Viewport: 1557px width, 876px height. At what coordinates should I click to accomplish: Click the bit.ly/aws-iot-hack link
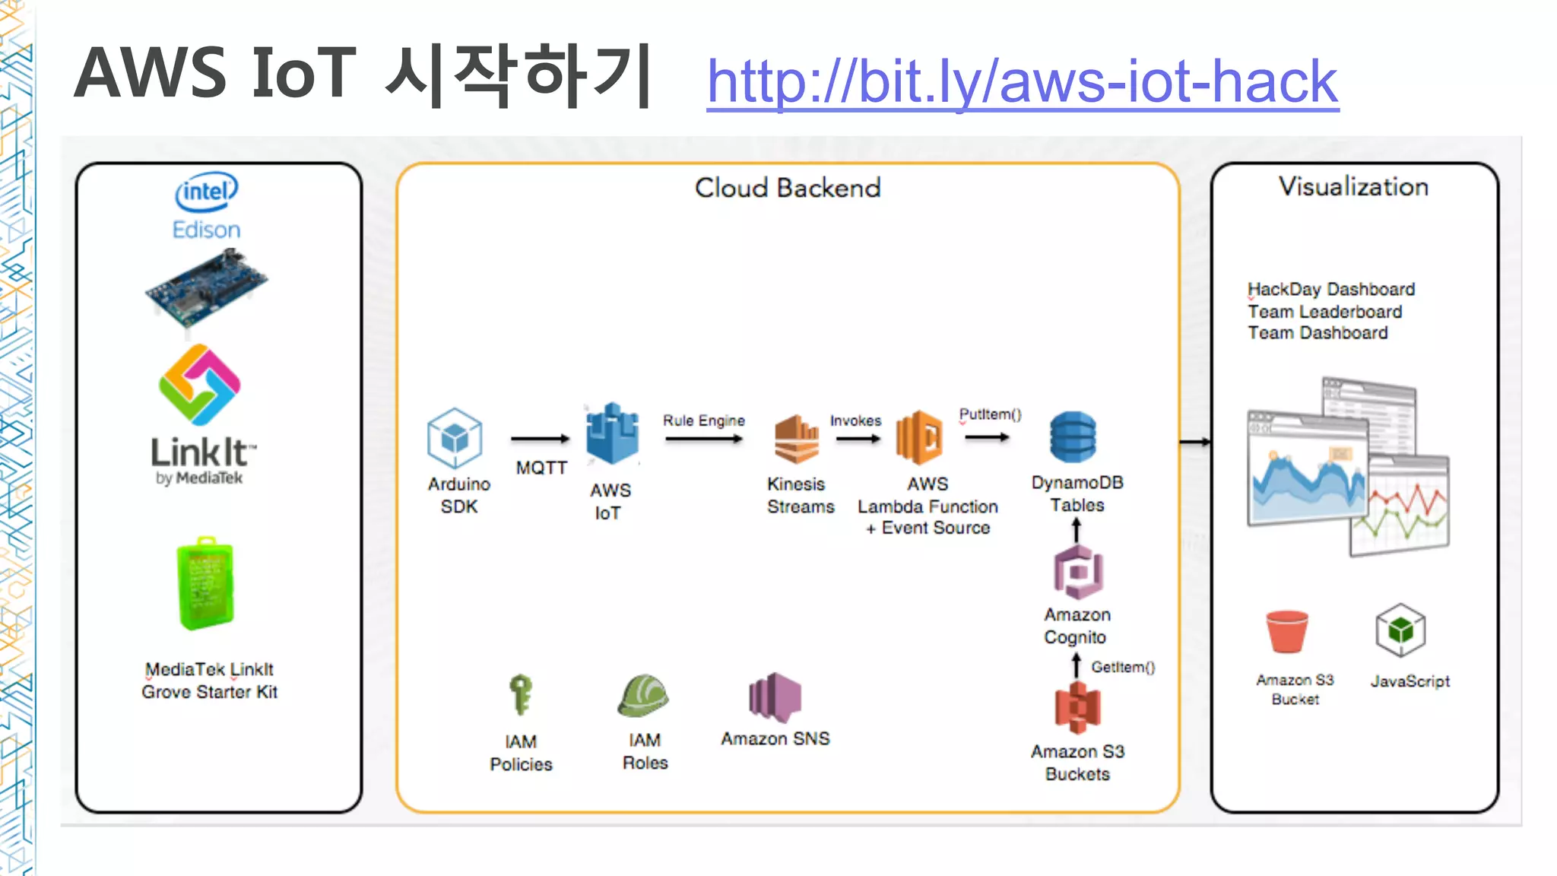[1022, 81]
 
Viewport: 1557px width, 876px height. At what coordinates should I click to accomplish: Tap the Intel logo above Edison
[206, 192]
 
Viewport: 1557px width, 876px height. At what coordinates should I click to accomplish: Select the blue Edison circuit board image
[206, 289]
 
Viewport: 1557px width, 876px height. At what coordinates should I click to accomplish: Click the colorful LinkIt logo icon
[200, 385]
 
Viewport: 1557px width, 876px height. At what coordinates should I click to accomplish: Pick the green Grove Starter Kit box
[205, 584]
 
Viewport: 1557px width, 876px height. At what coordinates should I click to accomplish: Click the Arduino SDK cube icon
[455, 438]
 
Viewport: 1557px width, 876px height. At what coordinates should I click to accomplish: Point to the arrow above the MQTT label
[540, 439]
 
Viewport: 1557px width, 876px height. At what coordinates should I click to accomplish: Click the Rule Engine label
[703, 421]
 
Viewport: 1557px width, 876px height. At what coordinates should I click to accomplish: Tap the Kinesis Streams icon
[796, 439]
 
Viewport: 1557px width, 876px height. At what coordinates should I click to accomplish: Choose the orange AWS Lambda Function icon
[919, 437]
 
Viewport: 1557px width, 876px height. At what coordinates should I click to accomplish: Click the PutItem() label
[990, 414]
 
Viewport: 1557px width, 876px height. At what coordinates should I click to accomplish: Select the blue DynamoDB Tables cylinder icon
[1073, 437]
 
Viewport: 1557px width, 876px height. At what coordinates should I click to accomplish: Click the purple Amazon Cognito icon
[1077, 572]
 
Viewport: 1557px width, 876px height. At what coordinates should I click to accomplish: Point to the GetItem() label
[1123, 667]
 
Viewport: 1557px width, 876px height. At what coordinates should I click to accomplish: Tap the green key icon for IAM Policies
[521, 694]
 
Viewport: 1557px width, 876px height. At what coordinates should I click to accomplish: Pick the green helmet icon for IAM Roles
[643, 695]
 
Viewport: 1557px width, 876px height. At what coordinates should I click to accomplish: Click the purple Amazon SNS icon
[775, 697]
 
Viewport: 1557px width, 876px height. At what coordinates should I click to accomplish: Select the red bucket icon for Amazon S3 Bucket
[1286, 631]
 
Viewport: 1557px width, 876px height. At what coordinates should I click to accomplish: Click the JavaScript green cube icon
[1400, 630]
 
